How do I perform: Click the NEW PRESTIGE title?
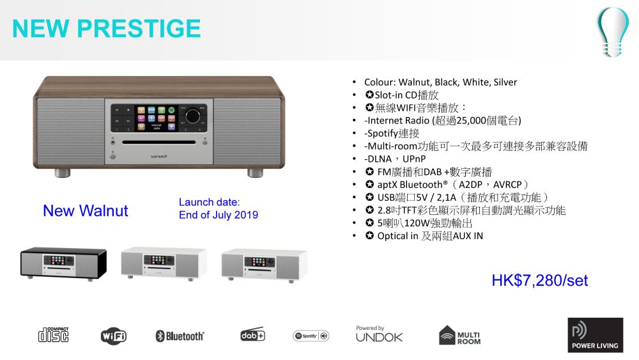106,28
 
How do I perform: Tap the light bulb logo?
613,32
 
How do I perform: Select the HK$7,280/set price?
539,281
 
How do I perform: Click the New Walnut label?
86,211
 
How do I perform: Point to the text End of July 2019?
219,215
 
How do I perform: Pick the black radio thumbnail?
63,263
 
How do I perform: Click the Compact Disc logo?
54,334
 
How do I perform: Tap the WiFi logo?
114,336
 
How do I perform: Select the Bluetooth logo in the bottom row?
180,336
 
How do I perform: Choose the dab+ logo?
252,334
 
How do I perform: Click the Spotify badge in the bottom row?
311,336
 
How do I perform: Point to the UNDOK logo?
379,334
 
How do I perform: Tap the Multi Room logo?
459,336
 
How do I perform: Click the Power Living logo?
596,335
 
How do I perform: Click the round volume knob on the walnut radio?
193,116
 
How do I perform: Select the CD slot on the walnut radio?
159,143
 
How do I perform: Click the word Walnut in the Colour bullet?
415,82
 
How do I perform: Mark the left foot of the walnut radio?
63,173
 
